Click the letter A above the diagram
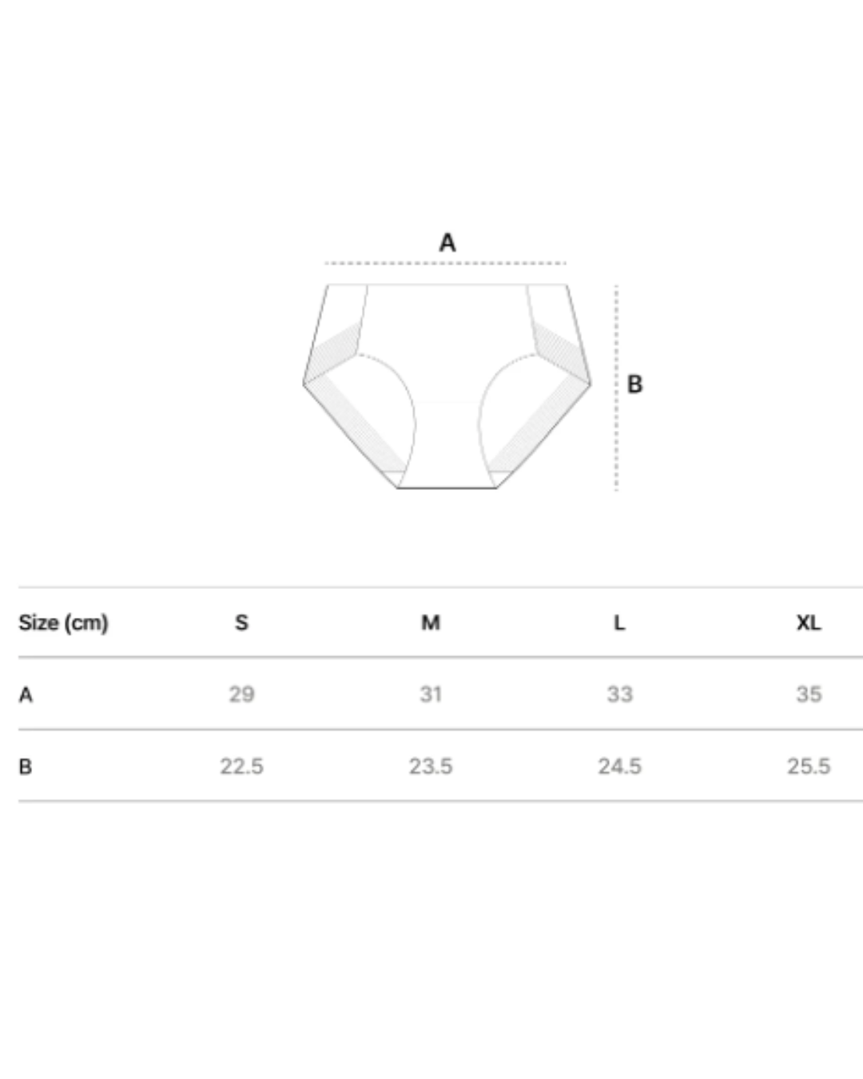[447, 243]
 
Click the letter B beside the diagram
[634, 384]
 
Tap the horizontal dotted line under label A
[446, 263]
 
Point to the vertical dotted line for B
[616, 388]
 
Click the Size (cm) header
[63, 623]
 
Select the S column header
[241, 623]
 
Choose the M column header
[431, 623]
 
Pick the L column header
[619, 623]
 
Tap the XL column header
[809, 623]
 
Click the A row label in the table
[26, 695]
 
